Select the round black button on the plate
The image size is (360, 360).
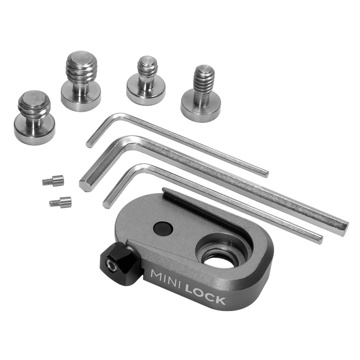click(x=163, y=228)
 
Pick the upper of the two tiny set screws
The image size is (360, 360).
click(x=53, y=181)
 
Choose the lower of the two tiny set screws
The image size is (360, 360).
click(x=60, y=202)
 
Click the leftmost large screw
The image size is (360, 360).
click(x=34, y=117)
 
